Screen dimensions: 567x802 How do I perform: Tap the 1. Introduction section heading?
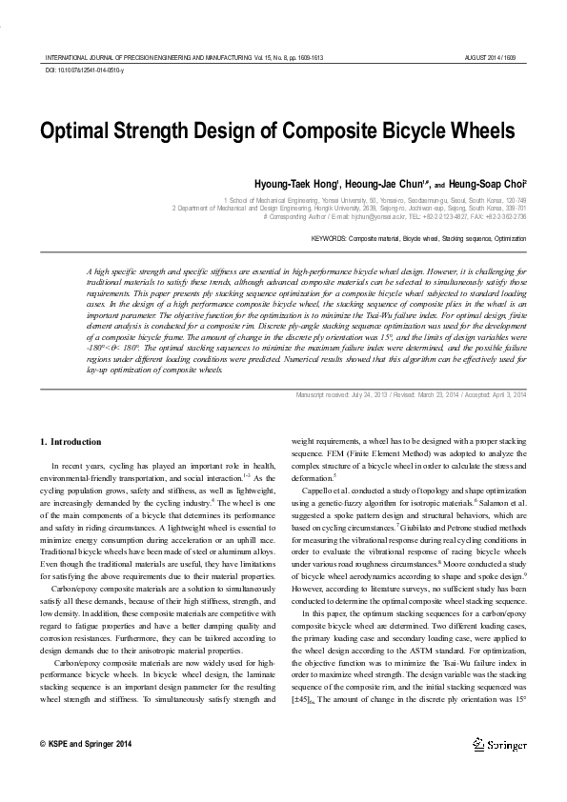pos(71,442)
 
